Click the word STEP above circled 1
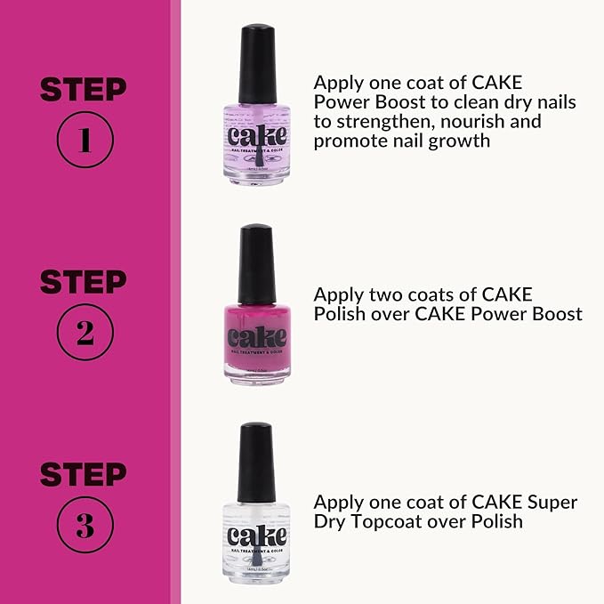click(84, 89)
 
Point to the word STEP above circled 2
click(84, 281)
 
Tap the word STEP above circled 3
click(84, 474)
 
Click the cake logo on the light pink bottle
click(256, 136)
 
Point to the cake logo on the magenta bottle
click(256, 337)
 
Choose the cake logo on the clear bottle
click(256, 536)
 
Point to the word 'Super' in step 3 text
click(552, 503)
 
